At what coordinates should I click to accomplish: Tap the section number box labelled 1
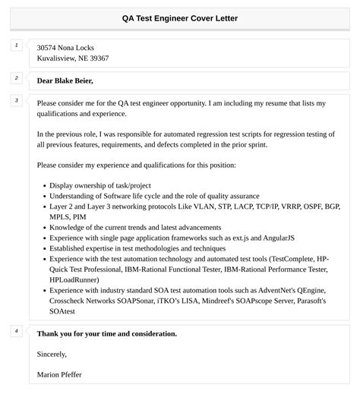click(x=16, y=46)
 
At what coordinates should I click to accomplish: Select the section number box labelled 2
click(x=16, y=78)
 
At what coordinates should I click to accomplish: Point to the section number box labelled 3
click(x=16, y=101)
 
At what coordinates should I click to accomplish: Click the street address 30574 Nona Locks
click(x=65, y=47)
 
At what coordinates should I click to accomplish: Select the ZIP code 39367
click(x=98, y=58)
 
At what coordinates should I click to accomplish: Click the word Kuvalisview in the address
click(x=58, y=58)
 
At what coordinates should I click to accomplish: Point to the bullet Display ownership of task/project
click(x=100, y=185)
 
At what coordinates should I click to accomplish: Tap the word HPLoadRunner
click(x=74, y=279)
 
